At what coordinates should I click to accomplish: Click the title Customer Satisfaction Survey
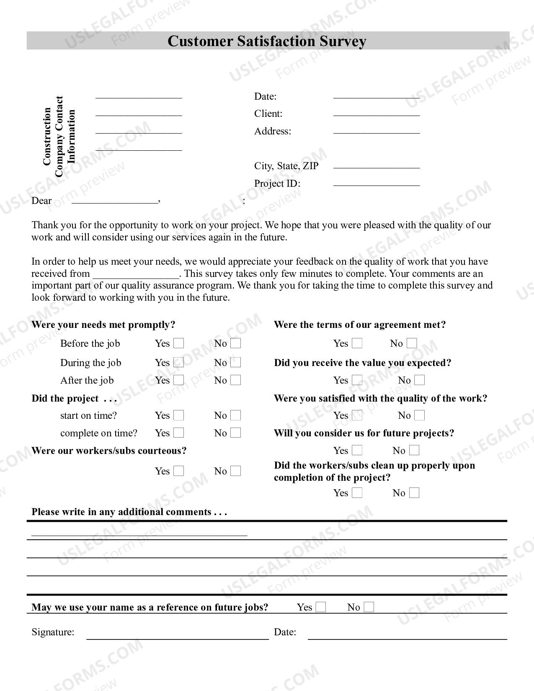coord(267,41)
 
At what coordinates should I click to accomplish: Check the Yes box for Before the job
coord(179,343)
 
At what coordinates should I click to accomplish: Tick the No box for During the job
coord(236,363)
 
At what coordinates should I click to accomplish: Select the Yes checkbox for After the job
coord(179,380)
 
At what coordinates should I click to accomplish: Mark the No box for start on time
coord(236,415)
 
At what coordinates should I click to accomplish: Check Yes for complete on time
coord(179,433)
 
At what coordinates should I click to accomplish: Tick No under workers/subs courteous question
coord(236,471)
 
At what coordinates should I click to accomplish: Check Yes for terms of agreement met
coord(357,343)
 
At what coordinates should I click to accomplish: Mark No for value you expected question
coord(419,380)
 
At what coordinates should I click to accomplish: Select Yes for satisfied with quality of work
coord(357,415)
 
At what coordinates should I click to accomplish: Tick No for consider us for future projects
coord(414,450)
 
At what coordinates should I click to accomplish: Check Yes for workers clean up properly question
coord(357,493)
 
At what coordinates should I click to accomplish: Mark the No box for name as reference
coord(369,607)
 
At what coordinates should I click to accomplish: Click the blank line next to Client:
coord(376,115)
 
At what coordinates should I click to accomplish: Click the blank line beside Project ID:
coord(376,184)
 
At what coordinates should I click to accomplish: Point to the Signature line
coord(177,637)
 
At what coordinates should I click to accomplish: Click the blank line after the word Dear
coord(115,202)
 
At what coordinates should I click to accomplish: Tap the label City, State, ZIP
coord(286,166)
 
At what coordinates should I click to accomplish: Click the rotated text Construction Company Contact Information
coord(59,137)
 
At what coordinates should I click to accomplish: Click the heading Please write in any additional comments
coord(129,512)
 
